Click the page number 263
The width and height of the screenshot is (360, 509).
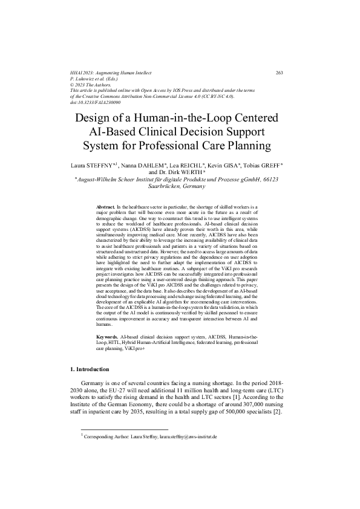280,73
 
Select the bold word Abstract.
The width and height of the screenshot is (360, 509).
105,207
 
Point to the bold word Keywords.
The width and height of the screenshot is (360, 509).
107,335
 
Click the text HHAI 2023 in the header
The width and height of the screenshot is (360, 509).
83,73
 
